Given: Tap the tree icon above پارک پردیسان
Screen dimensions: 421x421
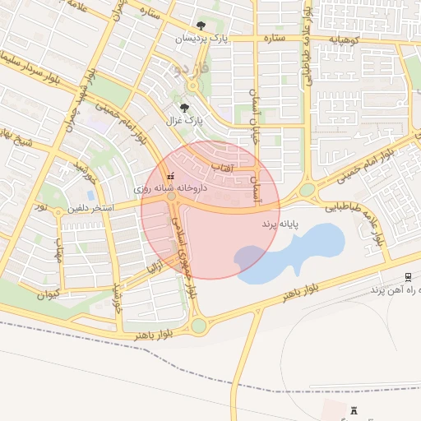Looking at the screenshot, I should coord(202,26).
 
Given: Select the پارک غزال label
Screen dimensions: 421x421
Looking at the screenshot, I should coord(184,120).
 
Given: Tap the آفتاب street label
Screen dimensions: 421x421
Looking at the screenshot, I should coord(224,167).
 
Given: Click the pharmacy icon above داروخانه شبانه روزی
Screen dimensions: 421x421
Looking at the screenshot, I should coord(171,176).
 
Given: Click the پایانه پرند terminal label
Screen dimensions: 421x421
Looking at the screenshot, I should coord(280,223).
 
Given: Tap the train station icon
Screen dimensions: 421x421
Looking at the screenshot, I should coord(408,276).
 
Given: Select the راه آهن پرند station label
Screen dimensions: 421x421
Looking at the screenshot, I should coord(396,290).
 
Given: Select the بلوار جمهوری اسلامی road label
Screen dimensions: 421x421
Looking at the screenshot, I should coord(184,247).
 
